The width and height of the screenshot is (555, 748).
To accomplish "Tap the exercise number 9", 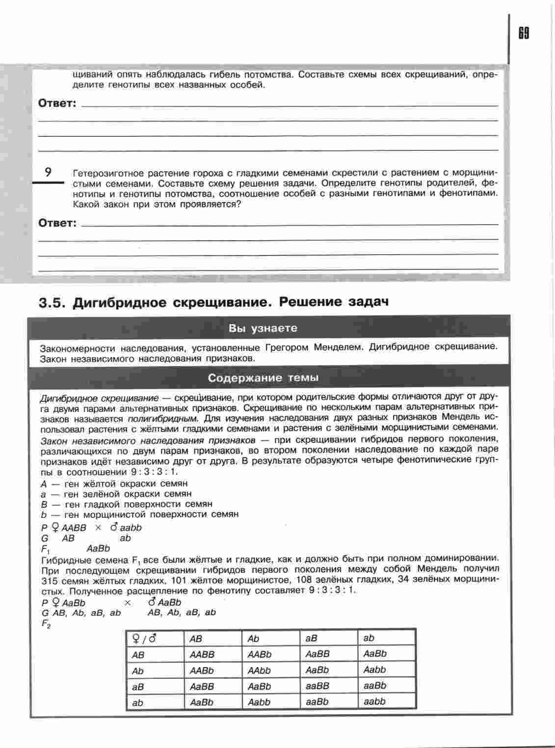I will (x=48, y=172).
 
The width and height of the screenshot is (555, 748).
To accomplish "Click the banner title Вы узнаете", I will (x=263, y=328).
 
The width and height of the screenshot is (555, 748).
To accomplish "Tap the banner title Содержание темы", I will (x=263, y=378).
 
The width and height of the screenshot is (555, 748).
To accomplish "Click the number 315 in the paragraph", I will (x=50, y=580).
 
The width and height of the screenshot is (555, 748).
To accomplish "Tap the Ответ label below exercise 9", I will (x=57, y=223).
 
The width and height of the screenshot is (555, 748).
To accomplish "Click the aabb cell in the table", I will (x=375, y=702).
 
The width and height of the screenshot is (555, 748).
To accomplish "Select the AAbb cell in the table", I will (x=259, y=671).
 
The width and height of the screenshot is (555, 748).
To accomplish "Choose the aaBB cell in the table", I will (x=317, y=686).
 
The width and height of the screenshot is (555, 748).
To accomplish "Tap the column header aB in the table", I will (x=311, y=639).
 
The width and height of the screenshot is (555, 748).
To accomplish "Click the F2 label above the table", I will (x=46, y=624).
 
